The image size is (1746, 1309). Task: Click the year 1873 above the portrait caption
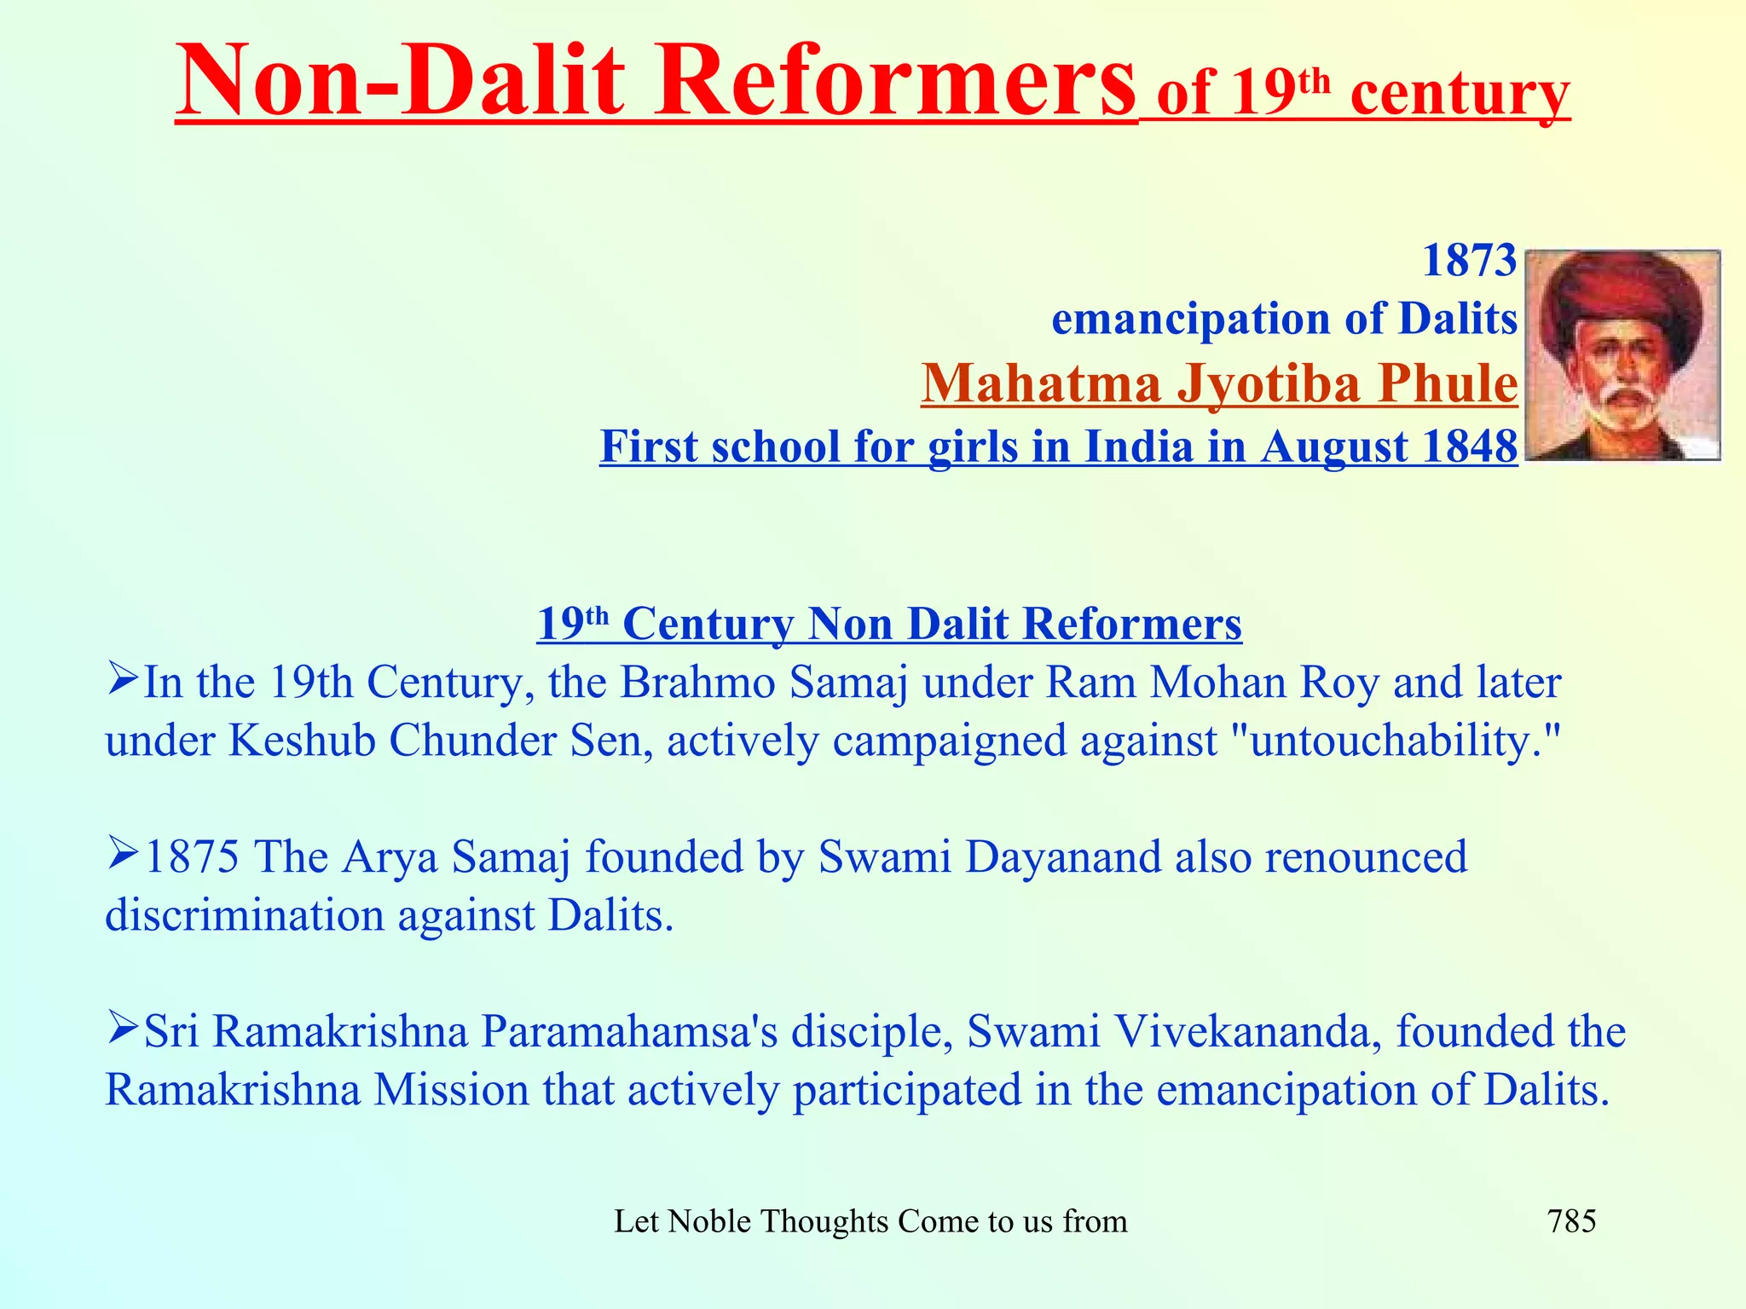[1470, 261]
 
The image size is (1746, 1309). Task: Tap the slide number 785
[1571, 1221]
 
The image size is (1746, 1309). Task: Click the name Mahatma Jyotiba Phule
[1219, 383]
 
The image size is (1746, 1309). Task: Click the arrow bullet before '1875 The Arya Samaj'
[123, 854]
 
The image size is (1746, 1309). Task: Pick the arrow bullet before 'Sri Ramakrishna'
[123, 1029]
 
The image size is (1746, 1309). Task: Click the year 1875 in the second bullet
[192, 856]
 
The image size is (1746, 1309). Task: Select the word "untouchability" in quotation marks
[1397, 740]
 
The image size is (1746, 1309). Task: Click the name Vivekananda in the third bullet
[1235, 1031]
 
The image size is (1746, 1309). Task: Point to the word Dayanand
[1062, 856]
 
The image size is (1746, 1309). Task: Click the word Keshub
[302, 740]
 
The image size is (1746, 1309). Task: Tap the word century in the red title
[1460, 94]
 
